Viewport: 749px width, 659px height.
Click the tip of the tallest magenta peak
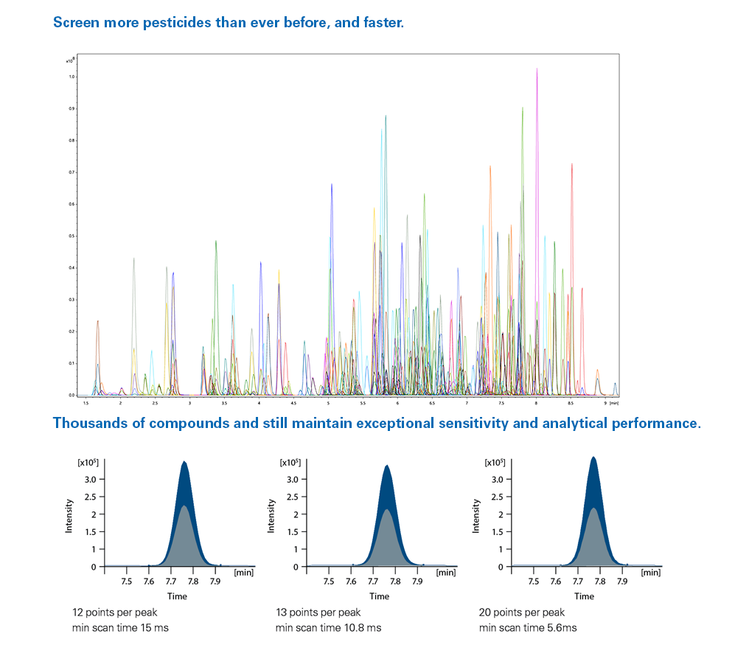click(537, 69)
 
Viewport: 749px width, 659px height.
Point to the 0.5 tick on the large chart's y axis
click(72, 236)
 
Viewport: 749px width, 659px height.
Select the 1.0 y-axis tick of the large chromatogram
click(72, 77)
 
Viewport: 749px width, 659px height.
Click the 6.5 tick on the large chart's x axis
click(432, 404)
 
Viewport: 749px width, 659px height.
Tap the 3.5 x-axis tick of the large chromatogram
click(224, 404)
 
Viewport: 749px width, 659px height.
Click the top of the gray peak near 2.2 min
click(133, 258)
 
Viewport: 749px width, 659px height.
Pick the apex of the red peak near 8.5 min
click(571, 164)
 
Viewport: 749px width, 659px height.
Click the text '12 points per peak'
click(114, 613)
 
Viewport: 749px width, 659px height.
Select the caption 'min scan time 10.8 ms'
click(328, 628)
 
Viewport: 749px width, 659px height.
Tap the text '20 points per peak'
click(522, 613)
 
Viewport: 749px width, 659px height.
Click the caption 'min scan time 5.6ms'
click(528, 628)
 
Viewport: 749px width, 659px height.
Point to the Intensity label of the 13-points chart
click(272, 516)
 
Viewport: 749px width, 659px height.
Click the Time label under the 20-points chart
click(585, 596)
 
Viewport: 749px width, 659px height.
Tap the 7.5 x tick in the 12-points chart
click(126, 581)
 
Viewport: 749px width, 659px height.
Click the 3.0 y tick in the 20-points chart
click(495, 480)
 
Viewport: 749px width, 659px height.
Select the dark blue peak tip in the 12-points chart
click(184, 462)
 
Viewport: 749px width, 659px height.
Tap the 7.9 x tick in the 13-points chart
click(418, 581)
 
